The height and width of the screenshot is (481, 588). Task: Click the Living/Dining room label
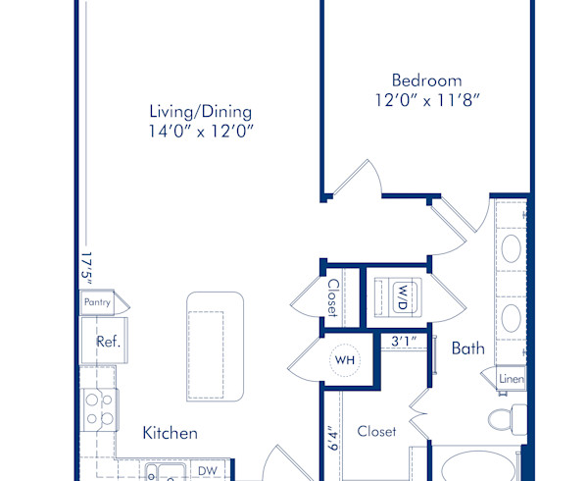tap(200, 111)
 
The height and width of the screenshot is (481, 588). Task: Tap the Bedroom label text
tap(426, 80)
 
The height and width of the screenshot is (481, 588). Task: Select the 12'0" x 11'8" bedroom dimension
tap(426, 99)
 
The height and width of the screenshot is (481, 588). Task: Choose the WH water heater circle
tap(344, 360)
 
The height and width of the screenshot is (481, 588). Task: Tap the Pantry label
tap(97, 303)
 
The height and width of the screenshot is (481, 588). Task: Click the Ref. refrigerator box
tap(107, 342)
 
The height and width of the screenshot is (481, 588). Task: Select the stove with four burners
tap(99, 408)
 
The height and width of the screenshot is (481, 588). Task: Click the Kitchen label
tap(171, 433)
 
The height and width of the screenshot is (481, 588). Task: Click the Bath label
tap(467, 347)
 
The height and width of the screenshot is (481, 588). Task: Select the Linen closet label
tap(511, 379)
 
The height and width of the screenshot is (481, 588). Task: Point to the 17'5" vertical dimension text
tap(85, 268)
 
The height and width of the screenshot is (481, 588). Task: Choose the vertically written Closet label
tap(333, 298)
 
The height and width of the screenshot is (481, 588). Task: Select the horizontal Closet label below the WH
tap(376, 431)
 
